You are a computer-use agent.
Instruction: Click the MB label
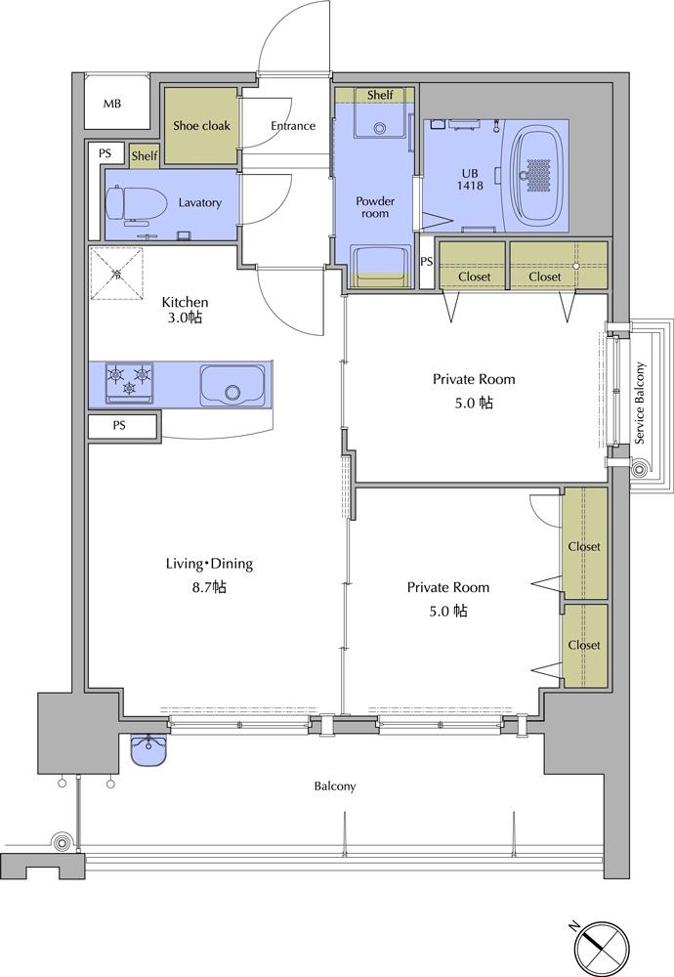pos(112,105)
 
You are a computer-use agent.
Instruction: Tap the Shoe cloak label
pos(201,126)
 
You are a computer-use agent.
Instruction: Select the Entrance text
pos(293,126)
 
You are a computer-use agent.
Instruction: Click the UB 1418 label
pos(470,180)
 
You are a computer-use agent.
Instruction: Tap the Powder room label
pos(375,207)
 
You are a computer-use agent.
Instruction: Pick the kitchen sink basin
pos(232,386)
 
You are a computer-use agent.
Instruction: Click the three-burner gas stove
pos(130,383)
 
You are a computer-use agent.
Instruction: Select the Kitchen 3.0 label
pos(185,310)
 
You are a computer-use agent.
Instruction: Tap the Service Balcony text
pos(640,404)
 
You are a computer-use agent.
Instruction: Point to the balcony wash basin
pos(148,749)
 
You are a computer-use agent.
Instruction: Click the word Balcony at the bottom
pos(334,786)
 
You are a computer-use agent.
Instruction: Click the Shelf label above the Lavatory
pos(144,155)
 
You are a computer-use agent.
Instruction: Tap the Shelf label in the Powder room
pos(380,95)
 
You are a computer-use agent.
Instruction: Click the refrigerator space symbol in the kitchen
pos(116,275)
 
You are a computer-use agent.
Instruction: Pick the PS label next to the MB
pos(105,152)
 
